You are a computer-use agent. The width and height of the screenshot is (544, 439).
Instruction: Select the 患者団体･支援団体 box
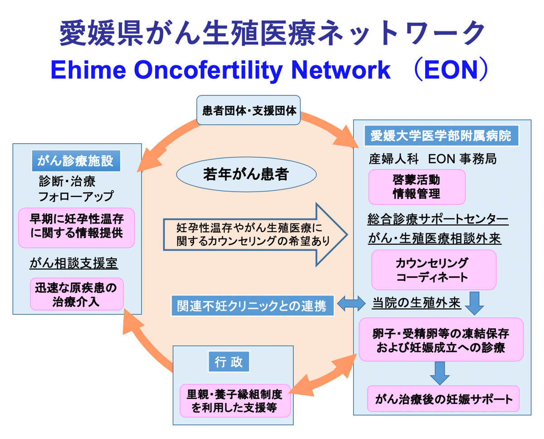[248, 110]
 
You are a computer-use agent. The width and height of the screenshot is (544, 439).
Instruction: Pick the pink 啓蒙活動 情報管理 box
[417, 187]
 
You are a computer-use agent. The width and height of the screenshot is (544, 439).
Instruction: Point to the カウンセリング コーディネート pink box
[433, 270]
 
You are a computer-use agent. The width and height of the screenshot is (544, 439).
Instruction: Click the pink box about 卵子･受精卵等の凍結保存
[441, 340]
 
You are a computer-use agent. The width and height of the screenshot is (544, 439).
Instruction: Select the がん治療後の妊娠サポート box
[443, 399]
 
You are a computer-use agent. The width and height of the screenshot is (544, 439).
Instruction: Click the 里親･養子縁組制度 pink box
[234, 400]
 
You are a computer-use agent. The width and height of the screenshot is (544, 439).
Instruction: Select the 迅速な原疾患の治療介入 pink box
[77, 294]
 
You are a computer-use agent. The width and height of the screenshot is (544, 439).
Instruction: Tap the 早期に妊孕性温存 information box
[77, 228]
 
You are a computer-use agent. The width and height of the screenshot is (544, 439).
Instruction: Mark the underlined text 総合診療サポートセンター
[437, 219]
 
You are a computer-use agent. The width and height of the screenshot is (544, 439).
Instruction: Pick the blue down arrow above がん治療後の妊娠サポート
[438, 373]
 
